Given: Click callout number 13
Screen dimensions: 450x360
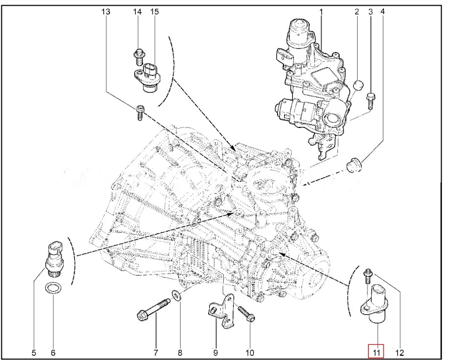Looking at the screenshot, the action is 106,12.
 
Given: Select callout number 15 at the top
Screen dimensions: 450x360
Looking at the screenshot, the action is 154,12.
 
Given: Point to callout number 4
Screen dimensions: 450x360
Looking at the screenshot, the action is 382,12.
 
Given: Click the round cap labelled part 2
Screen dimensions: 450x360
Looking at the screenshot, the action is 358,86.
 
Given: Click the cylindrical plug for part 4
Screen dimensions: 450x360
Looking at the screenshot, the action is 354,165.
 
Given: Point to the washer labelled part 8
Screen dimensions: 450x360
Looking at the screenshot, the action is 176,295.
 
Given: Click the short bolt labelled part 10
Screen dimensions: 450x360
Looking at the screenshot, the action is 246,314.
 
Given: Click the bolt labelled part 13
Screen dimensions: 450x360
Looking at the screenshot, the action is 140,113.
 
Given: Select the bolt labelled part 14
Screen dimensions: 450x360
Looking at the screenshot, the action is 139,57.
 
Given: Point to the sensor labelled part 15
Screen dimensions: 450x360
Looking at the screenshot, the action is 148,78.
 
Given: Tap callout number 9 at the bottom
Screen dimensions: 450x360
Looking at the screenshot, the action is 215,352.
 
